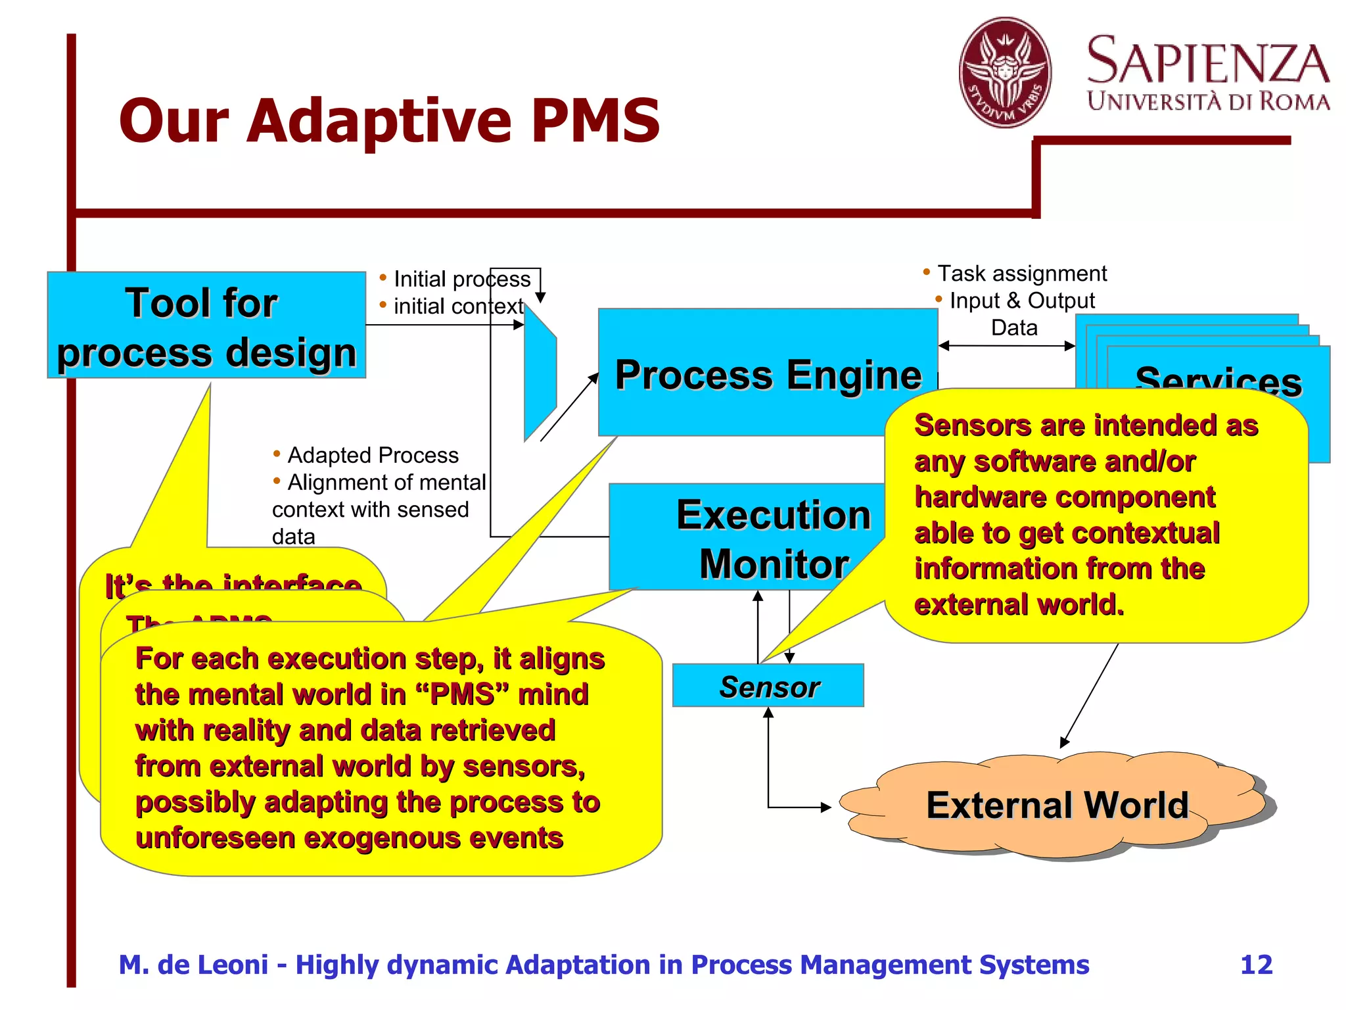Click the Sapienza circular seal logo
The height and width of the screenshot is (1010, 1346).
[x=1004, y=72]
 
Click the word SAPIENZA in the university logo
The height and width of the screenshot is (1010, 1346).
[x=1208, y=60]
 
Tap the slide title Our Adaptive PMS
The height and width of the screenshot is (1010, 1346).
[x=389, y=121]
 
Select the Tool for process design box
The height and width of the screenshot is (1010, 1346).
[x=206, y=325]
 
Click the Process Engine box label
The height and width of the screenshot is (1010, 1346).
[x=768, y=375]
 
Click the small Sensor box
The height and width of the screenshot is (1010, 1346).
[x=768, y=686]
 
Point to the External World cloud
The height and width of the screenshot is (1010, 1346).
[x=1057, y=805]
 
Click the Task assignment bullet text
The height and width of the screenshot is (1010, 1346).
[x=1021, y=273]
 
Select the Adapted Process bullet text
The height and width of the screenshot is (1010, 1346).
[x=373, y=455]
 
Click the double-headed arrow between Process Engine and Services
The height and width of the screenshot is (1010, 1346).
[x=1006, y=346]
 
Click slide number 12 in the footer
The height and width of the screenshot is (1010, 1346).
[x=1256, y=965]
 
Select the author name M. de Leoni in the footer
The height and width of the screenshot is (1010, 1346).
[x=193, y=965]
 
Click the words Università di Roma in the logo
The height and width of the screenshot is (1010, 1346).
[x=1208, y=101]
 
